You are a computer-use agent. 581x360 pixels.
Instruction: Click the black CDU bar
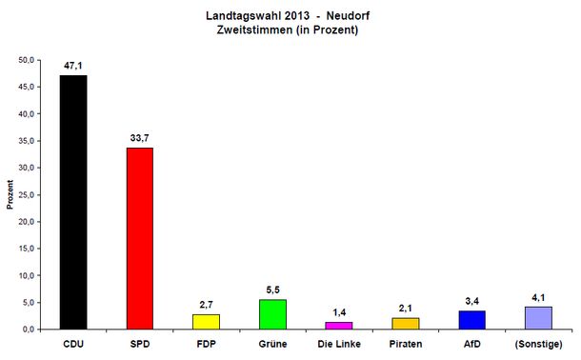tap(73, 202)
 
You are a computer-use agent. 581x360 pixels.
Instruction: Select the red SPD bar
tap(140, 238)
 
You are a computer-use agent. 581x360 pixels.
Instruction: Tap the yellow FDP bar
tap(207, 321)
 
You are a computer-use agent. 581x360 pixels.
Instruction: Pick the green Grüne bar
tap(272, 314)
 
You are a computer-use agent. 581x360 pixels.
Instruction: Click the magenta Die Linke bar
tap(339, 325)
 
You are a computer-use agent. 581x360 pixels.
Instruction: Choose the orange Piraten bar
tap(405, 323)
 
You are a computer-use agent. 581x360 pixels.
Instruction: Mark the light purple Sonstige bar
tap(537, 317)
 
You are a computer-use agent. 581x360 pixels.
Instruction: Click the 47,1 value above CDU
tap(73, 65)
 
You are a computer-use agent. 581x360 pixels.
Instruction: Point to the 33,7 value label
tap(140, 137)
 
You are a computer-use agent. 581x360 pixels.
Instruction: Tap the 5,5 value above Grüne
tap(272, 289)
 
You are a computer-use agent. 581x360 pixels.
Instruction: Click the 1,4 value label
tap(339, 311)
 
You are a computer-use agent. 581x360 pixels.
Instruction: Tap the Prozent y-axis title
tap(10, 194)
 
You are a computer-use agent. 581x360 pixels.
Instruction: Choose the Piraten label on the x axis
tap(405, 344)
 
